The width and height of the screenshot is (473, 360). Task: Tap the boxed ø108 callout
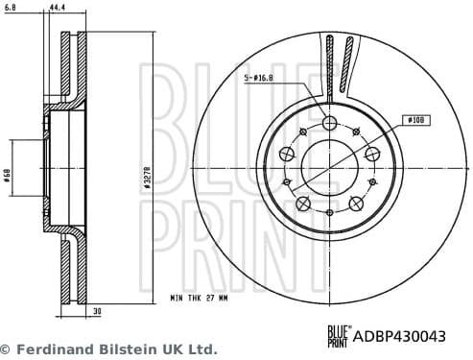415,120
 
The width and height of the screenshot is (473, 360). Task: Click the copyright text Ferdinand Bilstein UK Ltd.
108,349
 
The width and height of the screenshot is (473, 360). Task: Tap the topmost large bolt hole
330,123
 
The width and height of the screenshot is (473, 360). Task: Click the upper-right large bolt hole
371,154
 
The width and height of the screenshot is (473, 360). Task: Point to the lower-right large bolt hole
356,203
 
